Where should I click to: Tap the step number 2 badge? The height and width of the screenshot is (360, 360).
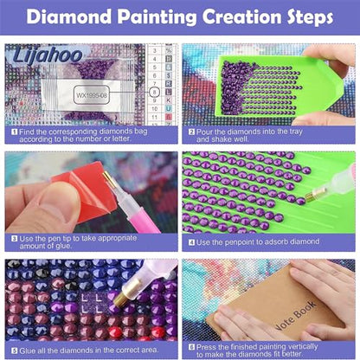point(190,132)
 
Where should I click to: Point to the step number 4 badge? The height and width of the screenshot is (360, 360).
point(190,241)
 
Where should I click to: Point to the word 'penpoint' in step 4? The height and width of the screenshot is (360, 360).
point(245,241)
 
